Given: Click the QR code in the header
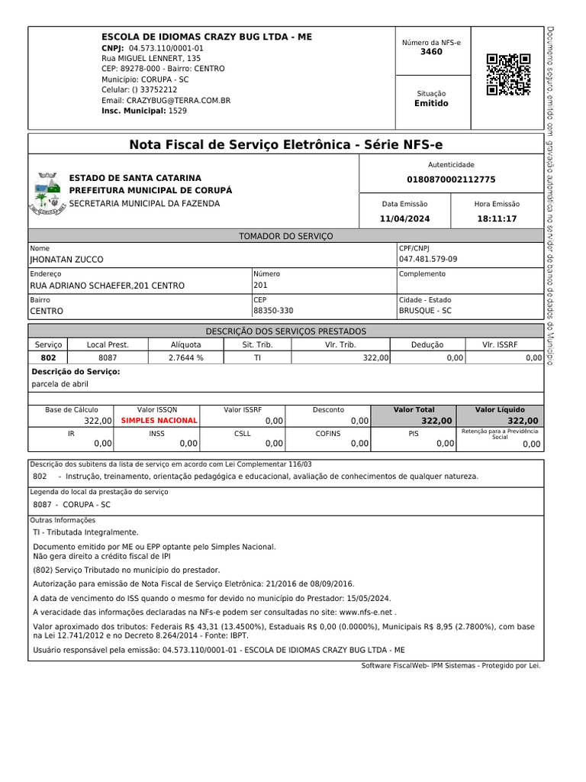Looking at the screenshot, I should click(508, 74).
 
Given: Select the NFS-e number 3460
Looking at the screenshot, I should click(431, 52).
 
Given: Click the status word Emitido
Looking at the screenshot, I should click(431, 103).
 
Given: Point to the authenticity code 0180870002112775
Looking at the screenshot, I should click(451, 179).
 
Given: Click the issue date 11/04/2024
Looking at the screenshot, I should click(404, 218).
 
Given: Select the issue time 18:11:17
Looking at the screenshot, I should click(497, 218).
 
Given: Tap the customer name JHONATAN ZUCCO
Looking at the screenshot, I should click(66, 260).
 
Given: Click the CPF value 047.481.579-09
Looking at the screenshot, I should click(428, 260).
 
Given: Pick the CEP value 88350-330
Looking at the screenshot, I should click(273, 311).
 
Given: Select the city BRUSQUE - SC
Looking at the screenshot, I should click(425, 311).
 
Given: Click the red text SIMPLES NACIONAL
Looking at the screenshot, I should click(159, 421).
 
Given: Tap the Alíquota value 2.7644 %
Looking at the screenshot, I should click(185, 357).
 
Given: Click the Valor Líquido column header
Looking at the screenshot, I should click(500, 409).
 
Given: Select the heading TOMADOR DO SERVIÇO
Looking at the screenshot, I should click(286, 237).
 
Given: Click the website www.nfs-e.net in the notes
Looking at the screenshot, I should click(365, 612).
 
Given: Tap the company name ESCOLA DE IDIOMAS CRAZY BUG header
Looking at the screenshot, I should click(207, 37).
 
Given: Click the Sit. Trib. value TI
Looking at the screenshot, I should click(257, 357).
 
